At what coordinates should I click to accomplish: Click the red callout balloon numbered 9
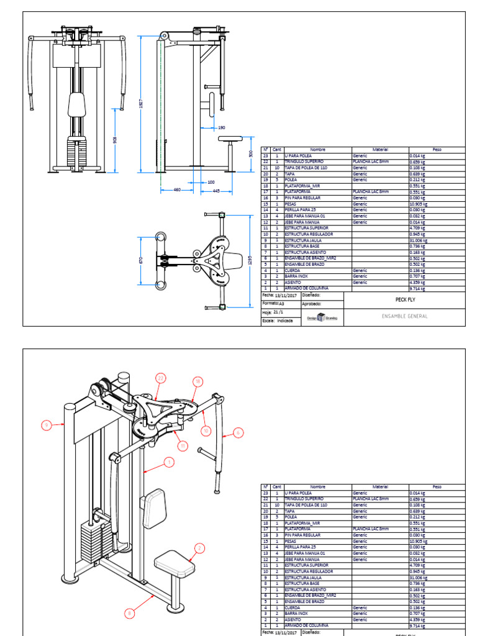click(46, 425)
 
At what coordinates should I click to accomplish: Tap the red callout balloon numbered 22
click(161, 378)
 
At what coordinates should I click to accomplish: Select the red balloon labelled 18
click(198, 381)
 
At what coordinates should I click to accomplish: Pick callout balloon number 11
click(182, 445)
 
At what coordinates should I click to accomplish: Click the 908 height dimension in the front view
click(115, 140)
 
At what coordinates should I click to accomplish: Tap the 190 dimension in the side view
click(222, 127)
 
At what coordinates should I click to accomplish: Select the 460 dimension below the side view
click(177, 190)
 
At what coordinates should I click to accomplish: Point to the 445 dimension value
click(217, 190)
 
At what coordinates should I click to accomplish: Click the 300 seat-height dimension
click(250, 153)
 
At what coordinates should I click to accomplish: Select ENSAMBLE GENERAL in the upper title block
click(404, 316)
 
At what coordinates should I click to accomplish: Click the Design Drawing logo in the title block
click(321, 317)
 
